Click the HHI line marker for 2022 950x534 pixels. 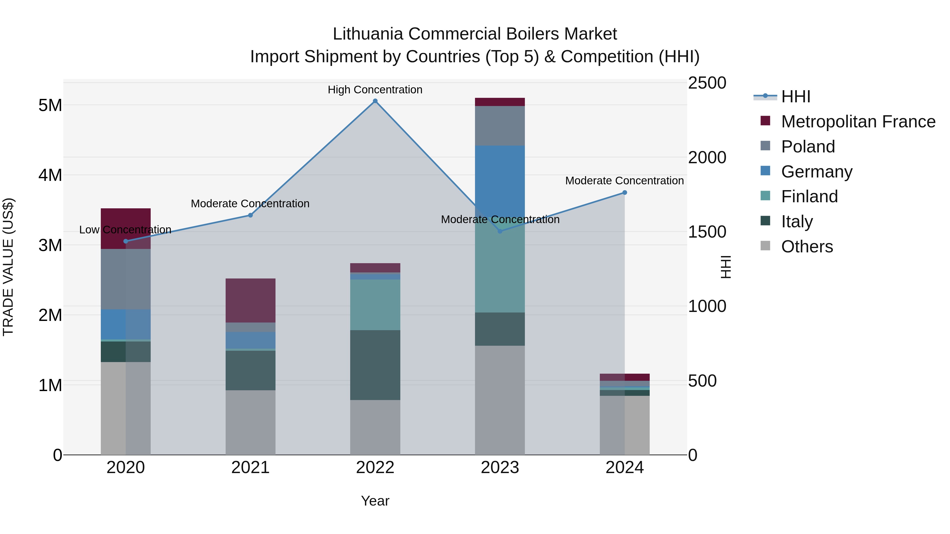(x=375, y=101)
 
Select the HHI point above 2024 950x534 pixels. (x=625, y=193)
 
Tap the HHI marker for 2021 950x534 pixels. (x=250, y=215)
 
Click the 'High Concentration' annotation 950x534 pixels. (x=375, y=90)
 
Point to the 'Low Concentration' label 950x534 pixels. (x=125, y=230)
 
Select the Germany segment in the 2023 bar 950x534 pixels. (x=500, y=181)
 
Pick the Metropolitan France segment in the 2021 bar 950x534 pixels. (x=250, y=300)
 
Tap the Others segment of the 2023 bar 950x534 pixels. (x=500, y=400)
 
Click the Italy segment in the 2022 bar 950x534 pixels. (x=375, y=365)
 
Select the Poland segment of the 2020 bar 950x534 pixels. (x=125, y=279)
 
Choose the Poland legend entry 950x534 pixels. (x=808, y=147)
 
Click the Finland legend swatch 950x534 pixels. (x=765, y=196)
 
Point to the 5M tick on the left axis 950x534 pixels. (x=50, y=105)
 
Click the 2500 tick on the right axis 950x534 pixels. (x=707, y=83)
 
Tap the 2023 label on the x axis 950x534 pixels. (x=500, y=468)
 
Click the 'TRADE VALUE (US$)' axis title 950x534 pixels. (x=8, y=267)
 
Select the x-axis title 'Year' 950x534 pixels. (x=375, y=501)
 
